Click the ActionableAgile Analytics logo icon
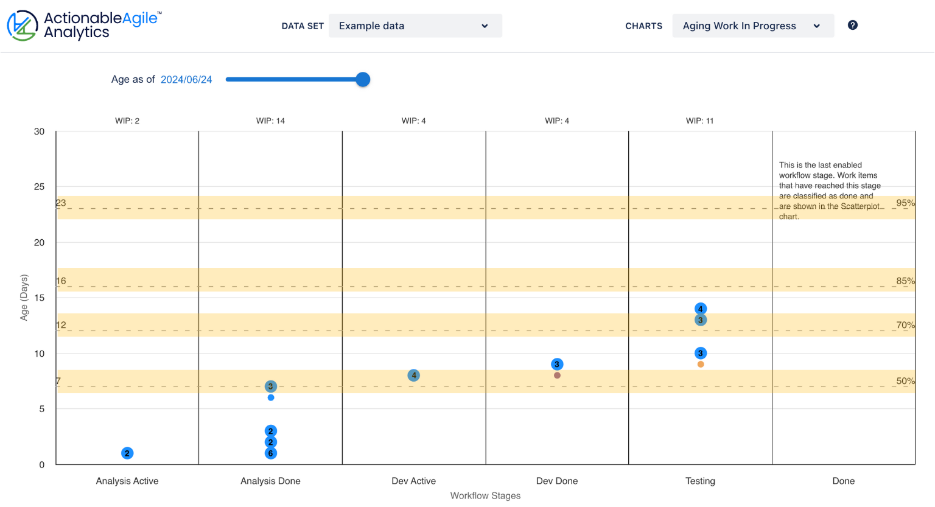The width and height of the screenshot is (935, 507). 23,26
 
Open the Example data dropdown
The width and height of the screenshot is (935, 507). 415,26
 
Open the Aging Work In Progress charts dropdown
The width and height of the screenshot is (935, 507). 752,26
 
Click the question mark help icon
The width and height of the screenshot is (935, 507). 852,25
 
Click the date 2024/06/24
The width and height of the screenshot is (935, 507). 186,80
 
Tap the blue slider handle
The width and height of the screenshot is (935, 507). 363,79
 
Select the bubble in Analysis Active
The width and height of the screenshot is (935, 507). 127,453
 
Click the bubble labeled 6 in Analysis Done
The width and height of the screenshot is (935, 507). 271,453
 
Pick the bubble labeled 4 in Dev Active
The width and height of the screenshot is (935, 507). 414,376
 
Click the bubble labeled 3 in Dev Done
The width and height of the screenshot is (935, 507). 557,364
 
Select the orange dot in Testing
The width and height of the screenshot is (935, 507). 701,365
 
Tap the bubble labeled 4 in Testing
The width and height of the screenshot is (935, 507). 701,309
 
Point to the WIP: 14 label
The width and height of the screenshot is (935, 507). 270,121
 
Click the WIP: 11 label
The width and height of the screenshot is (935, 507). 699,121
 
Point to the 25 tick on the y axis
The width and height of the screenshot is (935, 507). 40,187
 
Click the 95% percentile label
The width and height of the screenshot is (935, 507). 905,203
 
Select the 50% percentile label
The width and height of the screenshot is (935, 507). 905,381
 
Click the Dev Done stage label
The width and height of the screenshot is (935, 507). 557,481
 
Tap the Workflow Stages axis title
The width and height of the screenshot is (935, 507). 485,495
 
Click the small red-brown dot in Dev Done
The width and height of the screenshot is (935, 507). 557,376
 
